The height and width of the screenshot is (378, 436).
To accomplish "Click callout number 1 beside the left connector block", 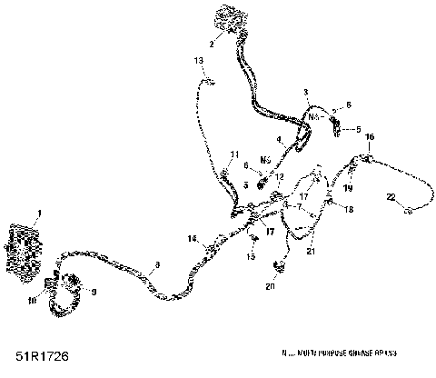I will coord(38,214).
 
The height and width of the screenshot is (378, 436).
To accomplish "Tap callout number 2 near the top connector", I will coord(211,43).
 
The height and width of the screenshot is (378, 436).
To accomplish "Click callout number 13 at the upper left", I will coord(199,60).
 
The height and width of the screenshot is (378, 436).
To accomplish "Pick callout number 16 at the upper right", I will coord(370,137).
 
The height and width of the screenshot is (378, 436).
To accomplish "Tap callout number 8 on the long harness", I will coord(157,264).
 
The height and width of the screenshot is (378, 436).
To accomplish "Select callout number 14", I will coord(192,238).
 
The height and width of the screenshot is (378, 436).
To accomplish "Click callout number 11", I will coord(234,154).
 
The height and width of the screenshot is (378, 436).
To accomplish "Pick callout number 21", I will coord(312,251).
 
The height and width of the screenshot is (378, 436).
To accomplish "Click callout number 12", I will coord(280,176).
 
